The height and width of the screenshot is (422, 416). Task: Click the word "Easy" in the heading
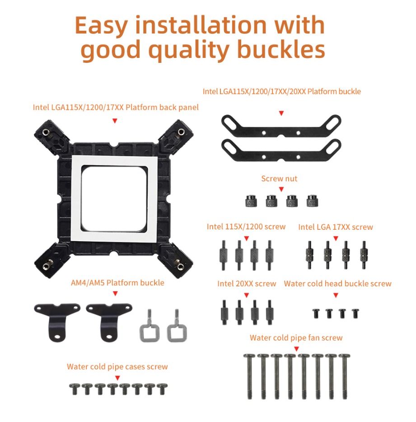(x=101, y=26)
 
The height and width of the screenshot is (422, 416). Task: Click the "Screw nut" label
(x=279, y=179)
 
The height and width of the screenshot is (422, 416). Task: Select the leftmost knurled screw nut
(x=251, y=201)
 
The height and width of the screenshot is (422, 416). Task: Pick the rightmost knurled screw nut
(x=312, y=201)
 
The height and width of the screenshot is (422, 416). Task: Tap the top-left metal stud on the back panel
(x=47, y=132)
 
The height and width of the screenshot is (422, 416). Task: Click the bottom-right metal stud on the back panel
(x=180, y=266)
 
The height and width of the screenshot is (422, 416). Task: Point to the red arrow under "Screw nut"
(x=281, y=190)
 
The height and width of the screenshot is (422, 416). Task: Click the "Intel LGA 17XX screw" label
(x=336, y=227)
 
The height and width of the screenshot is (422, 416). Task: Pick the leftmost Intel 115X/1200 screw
(x=224, y=255)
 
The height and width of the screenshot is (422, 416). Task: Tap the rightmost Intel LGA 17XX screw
(x=364, y=255)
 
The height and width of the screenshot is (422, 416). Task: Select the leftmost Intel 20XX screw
(x=224, y=313)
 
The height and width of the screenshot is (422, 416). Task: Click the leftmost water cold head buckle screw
(x=316, y=313)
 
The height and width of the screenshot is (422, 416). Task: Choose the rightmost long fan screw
(x=344, y=376)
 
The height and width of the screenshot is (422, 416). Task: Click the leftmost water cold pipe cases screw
(x=75, y=389)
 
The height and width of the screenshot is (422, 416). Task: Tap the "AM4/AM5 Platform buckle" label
(x=117, y=283)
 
